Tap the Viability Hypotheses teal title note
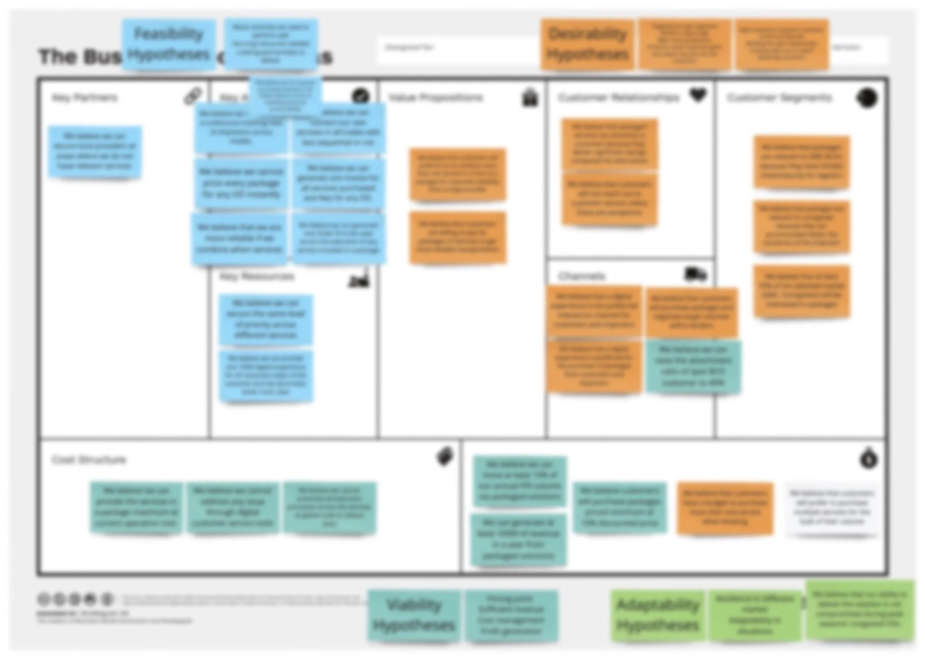pos(414,616)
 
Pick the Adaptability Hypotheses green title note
pos(658,616)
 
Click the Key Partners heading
pos(84,98)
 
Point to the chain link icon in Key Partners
pos(192,97)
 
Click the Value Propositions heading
pos(435,98)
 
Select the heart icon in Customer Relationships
pos(698,96)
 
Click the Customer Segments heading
pos(779,98)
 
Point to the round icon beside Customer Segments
pos(867,98)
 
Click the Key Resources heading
pos(256,277)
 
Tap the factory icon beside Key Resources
pos(359,279)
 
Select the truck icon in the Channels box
pos(696,275)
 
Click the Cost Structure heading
pos(89,460)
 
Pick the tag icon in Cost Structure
pos(445,457)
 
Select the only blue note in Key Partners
pos(95,151)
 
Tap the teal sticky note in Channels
pos(693,367)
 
